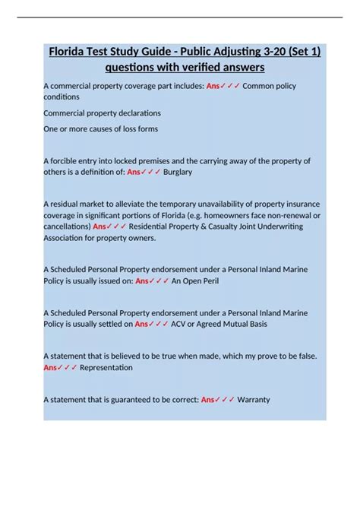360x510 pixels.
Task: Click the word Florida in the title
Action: tap(70, 52)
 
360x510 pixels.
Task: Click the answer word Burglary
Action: tap(178, 172)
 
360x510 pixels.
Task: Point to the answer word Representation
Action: tap(106, 367)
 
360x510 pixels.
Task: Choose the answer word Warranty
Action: tap(254, 399)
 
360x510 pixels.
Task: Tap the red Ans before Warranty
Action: tap(209, 399)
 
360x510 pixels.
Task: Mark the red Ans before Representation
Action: tap(51, 367)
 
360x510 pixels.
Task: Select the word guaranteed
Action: tap(128, 399)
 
